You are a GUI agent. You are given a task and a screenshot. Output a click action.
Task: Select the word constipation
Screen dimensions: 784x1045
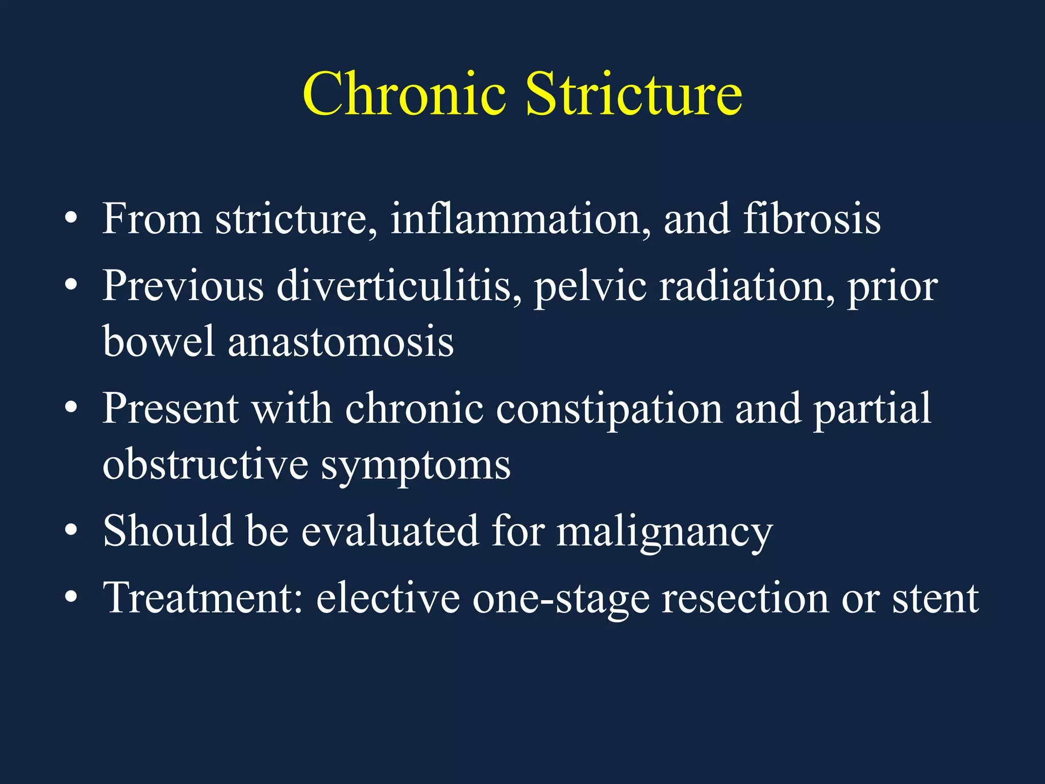coord(609,409)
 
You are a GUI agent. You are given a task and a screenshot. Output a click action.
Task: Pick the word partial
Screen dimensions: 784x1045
coord(872,409)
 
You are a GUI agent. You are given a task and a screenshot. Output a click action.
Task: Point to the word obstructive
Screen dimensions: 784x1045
coord(205,464)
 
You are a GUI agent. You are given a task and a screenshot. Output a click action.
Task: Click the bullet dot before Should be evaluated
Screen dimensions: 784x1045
coord(71,531)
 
